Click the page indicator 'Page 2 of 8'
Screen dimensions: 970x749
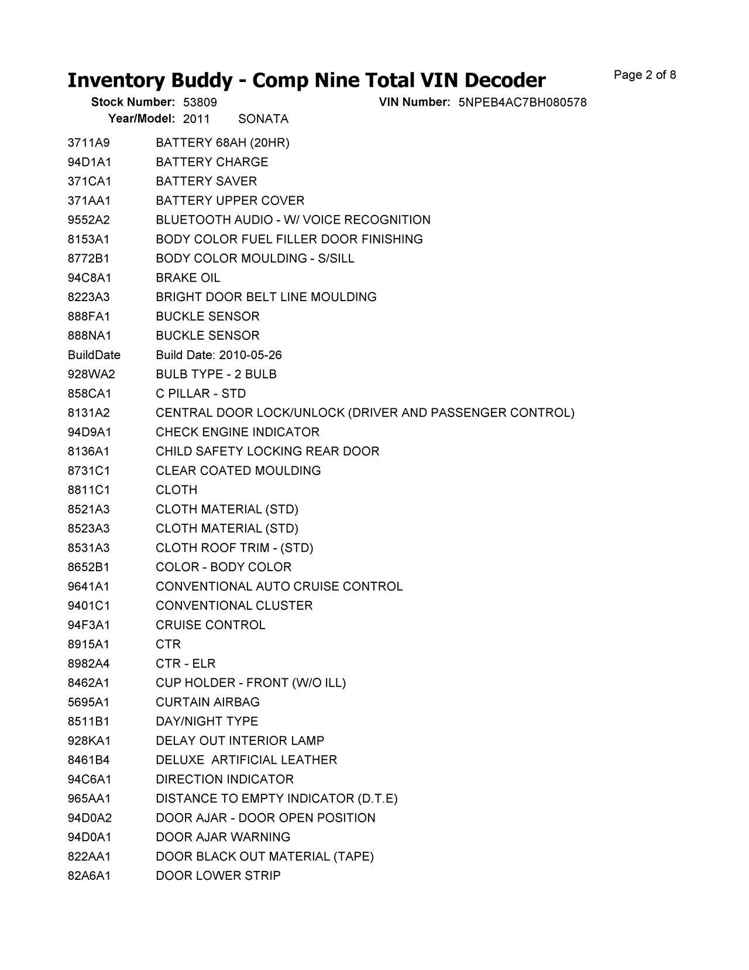point(645,75)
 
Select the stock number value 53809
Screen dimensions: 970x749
point(200,103)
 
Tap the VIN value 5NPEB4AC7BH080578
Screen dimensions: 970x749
point(523,103)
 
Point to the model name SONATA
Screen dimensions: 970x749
point(263,119)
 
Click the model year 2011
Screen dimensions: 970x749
point(196,119)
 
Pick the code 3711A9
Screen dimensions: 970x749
point(89,143)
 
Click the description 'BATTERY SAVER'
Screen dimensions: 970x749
point(206,182)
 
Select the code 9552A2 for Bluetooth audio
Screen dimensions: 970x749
point(89,220)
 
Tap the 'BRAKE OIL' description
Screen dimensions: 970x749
point(188,278)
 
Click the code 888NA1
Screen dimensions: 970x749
point(90,336)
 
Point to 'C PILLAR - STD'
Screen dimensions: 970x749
point(201,394)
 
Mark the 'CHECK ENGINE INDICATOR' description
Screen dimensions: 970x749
point(238,432)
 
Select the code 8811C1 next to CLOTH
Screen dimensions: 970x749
point(89,490)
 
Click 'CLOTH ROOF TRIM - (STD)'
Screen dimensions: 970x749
point(234,548)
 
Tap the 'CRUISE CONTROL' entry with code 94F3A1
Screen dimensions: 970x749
point(210,625)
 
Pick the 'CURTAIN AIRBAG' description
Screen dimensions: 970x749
point(208,702)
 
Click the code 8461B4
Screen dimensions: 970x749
point(89,760)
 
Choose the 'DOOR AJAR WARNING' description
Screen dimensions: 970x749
point(223,838)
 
